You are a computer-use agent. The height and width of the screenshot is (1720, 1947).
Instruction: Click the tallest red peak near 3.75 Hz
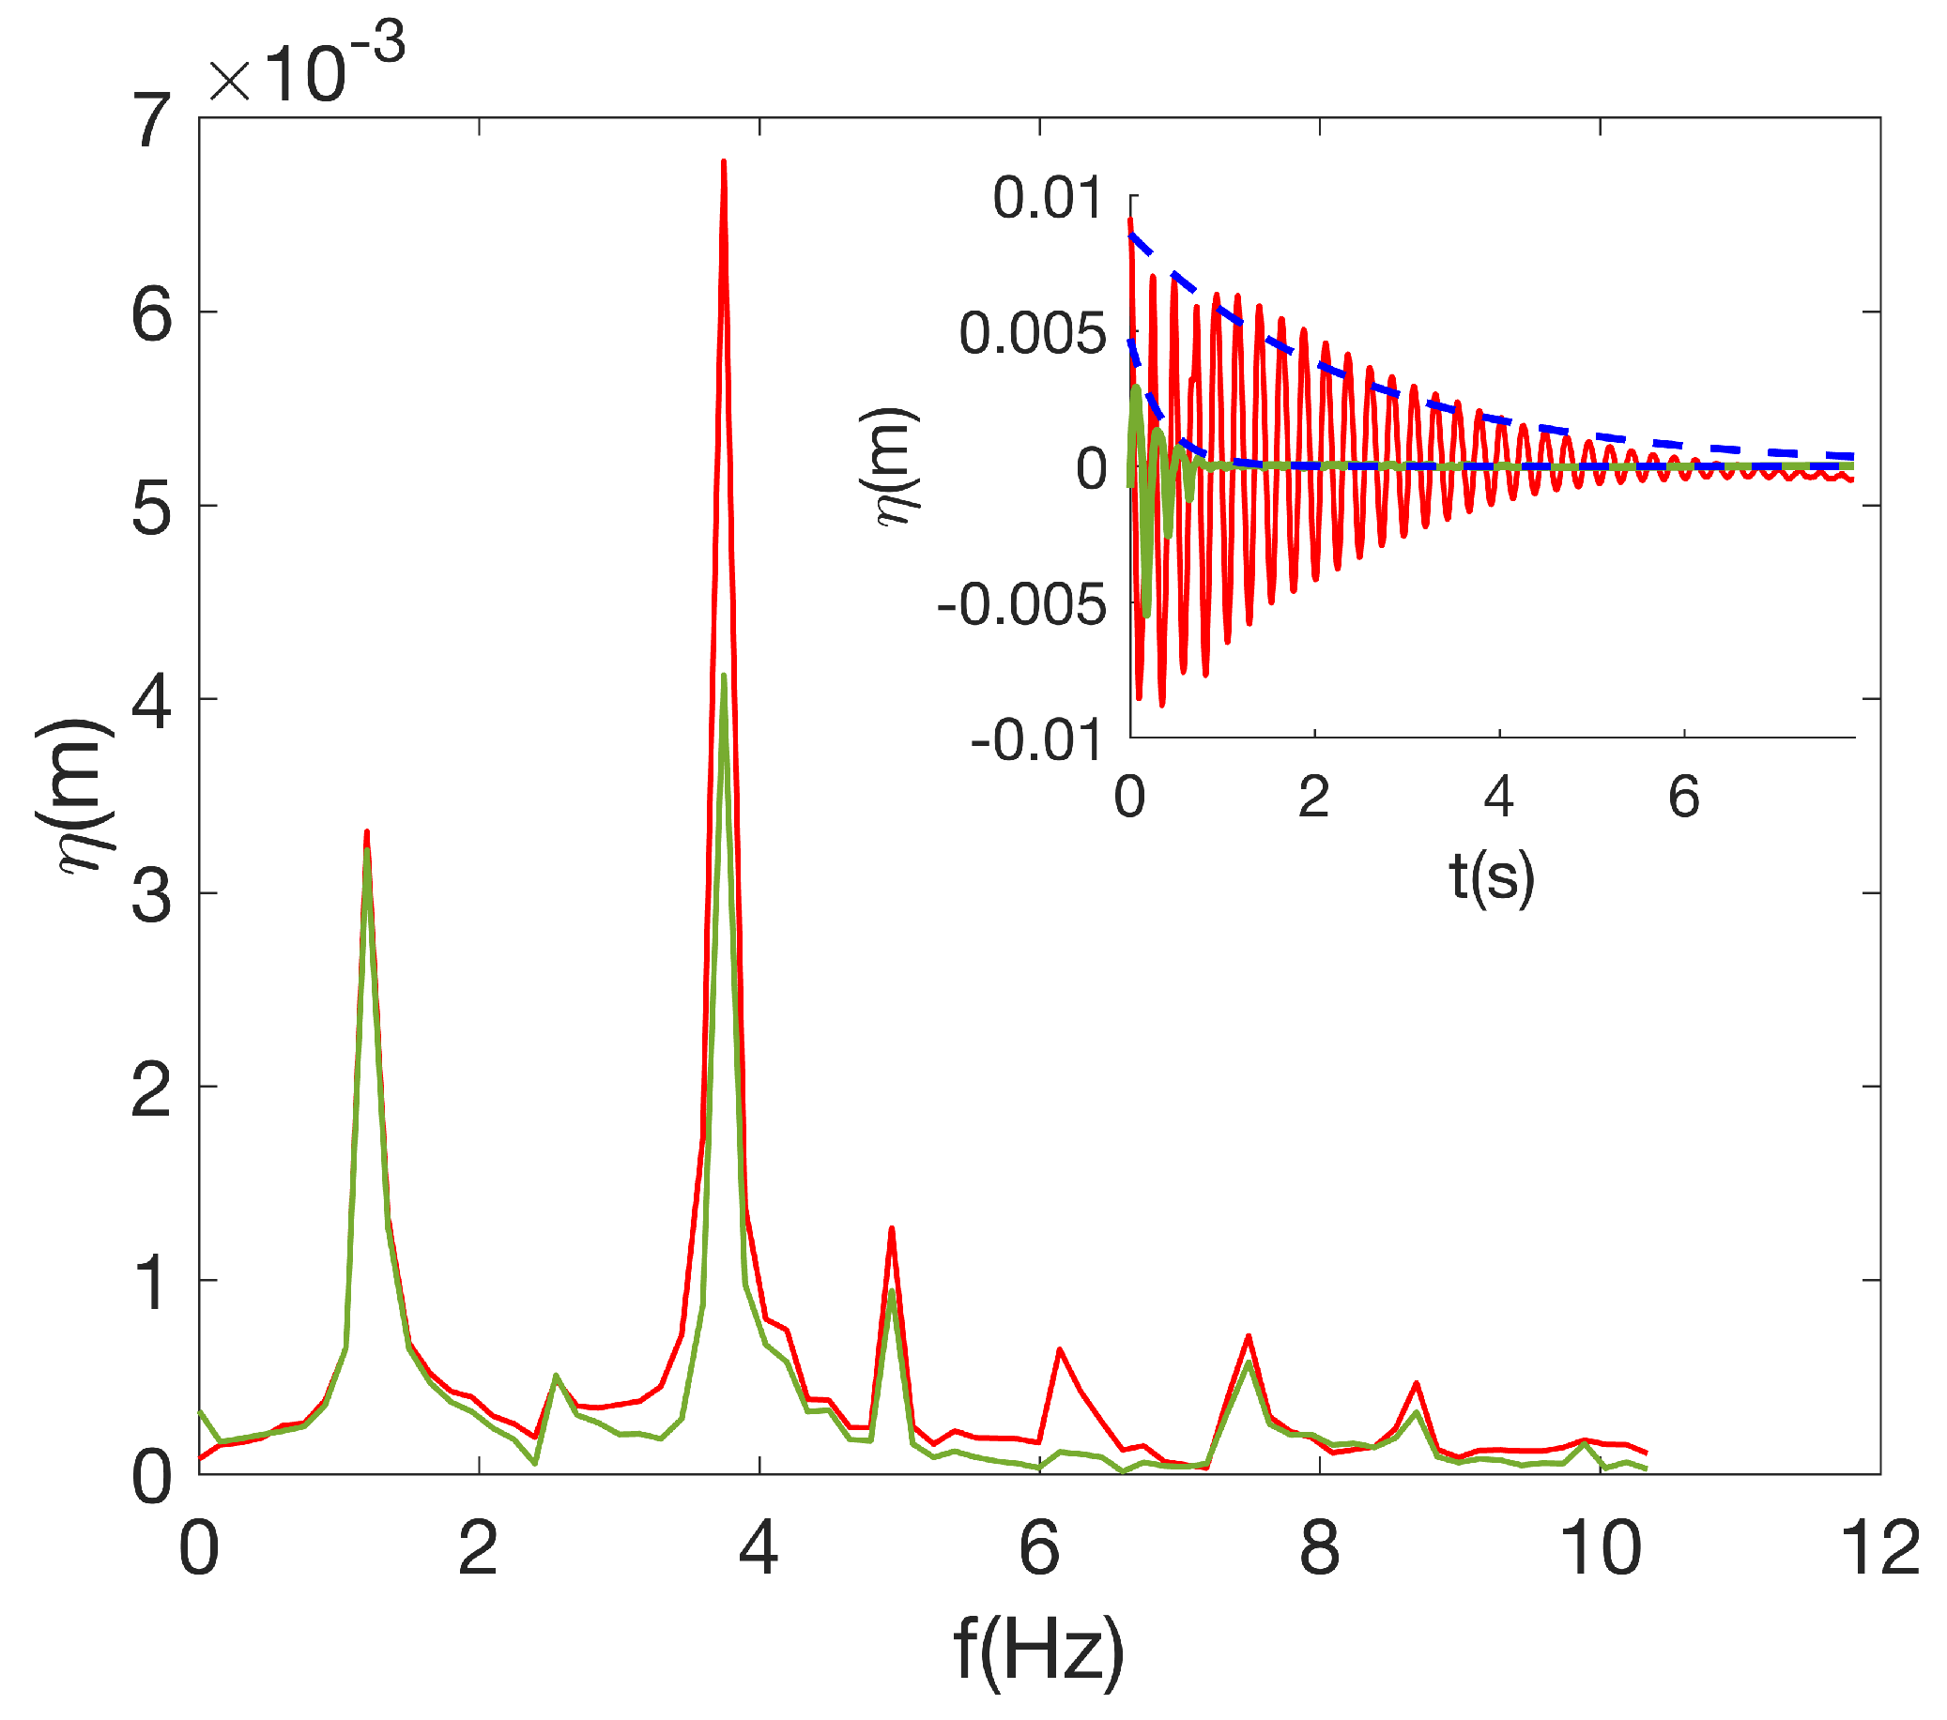[x=724, y=164]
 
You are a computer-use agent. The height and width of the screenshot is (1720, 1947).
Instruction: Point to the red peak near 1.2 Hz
[x=367, y=834]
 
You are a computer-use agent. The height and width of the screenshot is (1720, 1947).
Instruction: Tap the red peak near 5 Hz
[x=892, y=1229]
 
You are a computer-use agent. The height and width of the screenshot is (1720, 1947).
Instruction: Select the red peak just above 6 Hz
[x=1059, y=1350]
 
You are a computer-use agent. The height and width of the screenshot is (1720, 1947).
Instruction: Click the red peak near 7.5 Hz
[x=1248, y=1337]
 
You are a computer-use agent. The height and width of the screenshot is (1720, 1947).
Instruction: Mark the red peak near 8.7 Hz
[x=1417, y=1384]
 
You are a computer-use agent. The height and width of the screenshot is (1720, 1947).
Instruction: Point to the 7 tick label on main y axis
[x=152, y=121]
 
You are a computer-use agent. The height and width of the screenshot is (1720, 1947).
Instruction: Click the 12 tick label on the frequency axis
[x=1879, y=1549]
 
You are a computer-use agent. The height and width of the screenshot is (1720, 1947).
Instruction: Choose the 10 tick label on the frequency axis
[x=1600, y=1549]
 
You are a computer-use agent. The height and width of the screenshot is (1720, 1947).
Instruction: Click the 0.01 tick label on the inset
[x=1047, y=198]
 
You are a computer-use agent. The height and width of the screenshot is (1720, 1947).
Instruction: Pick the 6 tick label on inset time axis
[x=1683, y=796]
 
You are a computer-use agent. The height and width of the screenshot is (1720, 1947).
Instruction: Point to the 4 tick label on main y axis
[x=152, y=702]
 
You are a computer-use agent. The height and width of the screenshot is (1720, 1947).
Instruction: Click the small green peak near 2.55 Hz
[x=557, y=1377]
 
